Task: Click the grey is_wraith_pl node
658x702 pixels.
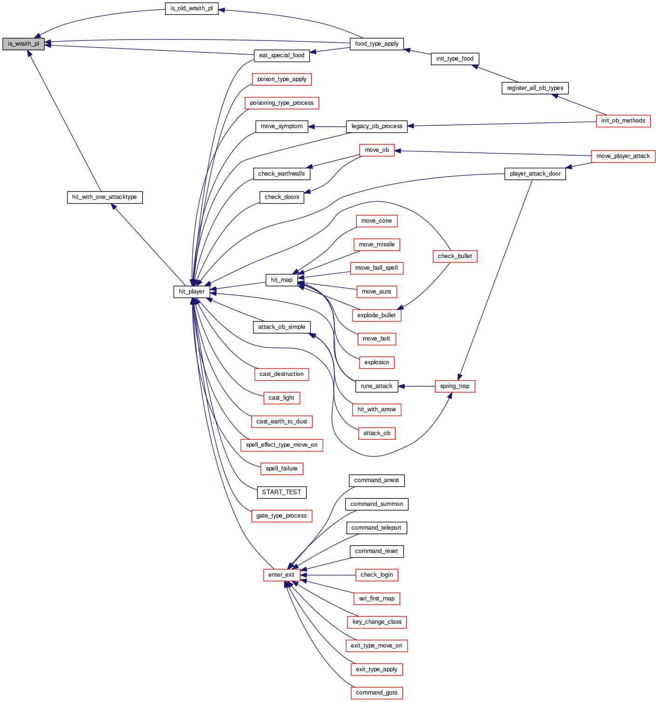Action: tap(23, 44)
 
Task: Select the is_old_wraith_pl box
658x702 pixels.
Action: tap(191, 8)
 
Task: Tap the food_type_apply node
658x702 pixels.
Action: tap(376, 44)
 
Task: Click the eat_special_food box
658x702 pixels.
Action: tap(282, 55)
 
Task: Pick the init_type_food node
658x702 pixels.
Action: tap(454, 59)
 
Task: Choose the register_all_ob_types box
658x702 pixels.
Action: tap(535, 88)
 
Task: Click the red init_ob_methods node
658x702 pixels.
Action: tap(623, 121)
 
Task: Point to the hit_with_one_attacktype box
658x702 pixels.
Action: tap(104, 197)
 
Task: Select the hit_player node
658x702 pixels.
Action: tap(191, 292)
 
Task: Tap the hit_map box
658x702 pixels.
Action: tap(282, 280)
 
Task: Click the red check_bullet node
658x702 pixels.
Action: tap(454, 256)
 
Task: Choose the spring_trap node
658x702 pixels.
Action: tap(454, 386)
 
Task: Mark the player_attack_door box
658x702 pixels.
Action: tap(535, 174)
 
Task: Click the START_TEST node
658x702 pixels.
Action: tap(282, 492)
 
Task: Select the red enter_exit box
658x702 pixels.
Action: tap(281, 575)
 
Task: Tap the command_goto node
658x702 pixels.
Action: tap(376, 693)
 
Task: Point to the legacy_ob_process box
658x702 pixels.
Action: tap(376, 126)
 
